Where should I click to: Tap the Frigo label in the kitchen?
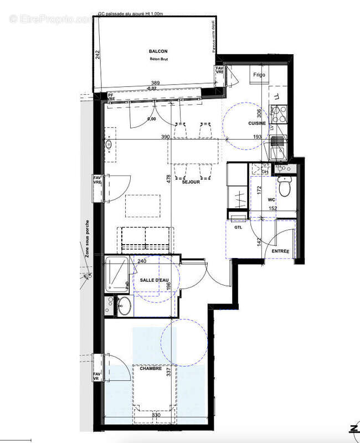259,74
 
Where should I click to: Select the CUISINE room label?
257,123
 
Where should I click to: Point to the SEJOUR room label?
191,182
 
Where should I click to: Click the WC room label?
271,199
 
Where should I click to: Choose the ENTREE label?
280,252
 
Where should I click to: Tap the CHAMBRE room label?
151,368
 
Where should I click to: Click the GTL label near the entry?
239,228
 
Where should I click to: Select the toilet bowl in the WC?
285,189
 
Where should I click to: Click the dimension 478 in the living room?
169,178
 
